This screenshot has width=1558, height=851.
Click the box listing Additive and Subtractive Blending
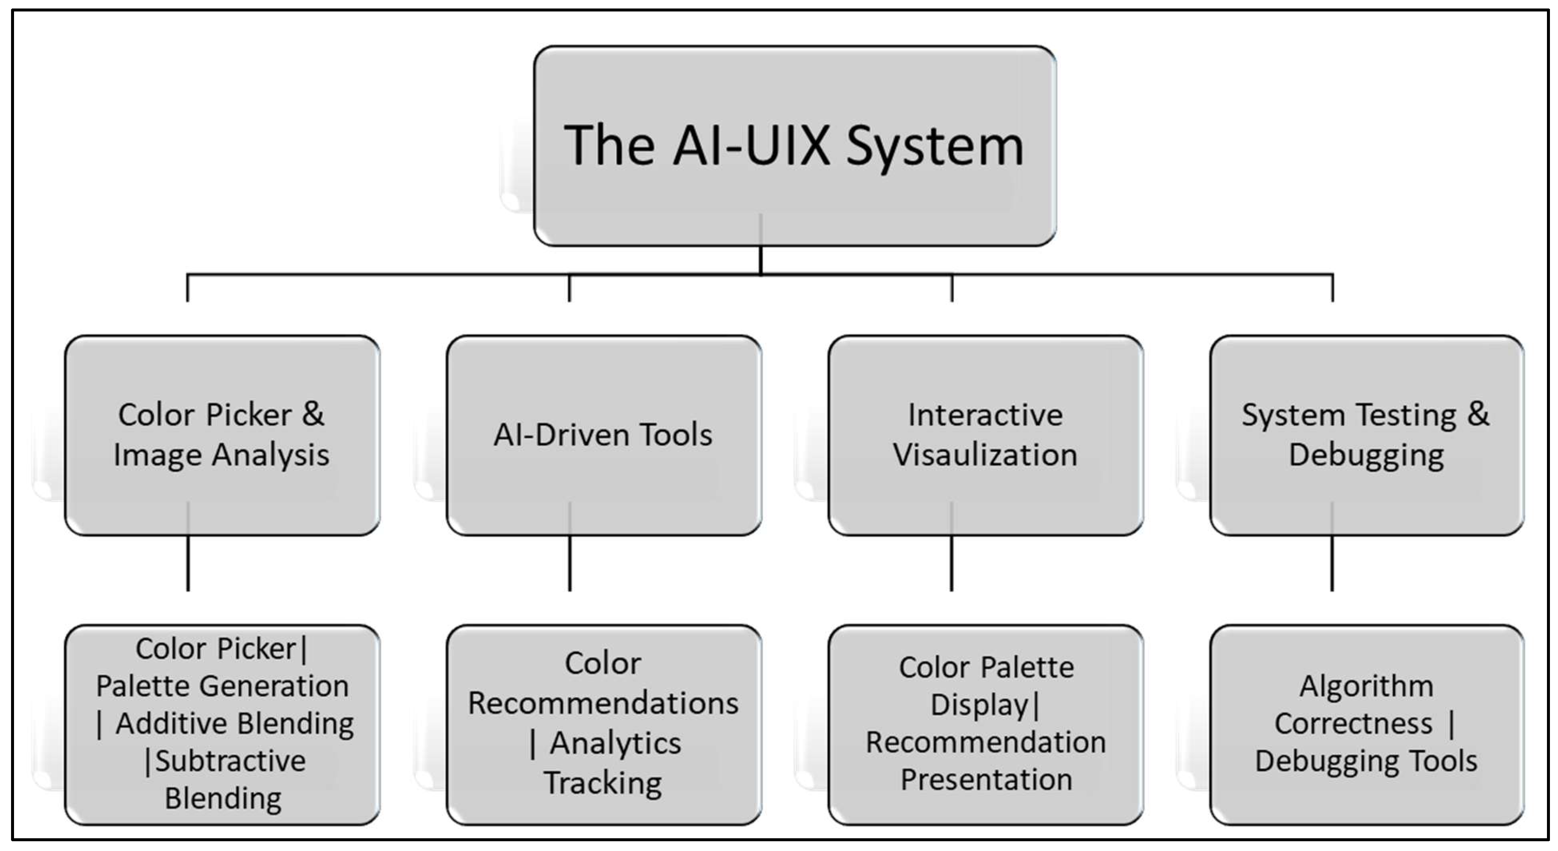(x=222, y=724)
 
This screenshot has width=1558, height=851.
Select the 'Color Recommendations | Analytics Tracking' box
(x=604, y=724)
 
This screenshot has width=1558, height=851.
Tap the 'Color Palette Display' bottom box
(x=985, y=724)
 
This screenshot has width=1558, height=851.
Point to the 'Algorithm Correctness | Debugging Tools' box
(x=1366, y=724)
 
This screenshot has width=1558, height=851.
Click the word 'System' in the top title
(x=934, y=147)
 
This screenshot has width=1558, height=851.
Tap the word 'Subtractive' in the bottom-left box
(x=230, y=761)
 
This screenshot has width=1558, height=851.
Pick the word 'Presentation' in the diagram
(x=986, y=780)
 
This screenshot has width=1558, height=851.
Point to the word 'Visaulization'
(x=985, y=454)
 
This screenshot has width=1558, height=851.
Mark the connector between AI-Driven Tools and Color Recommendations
(x=570, y=562)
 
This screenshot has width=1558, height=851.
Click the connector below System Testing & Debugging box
(x=1332, y=562)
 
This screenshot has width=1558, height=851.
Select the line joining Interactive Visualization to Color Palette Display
(x=951, y=562)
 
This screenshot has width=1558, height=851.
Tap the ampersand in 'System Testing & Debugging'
(x=1478, y=414)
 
